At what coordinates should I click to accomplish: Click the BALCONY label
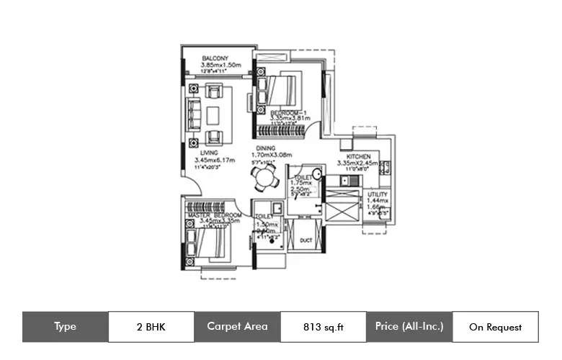tap(215, 58)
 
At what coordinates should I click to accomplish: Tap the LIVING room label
tap(210, 153)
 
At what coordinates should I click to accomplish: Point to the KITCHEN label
tap(358, 156)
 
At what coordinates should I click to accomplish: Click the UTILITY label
tap(377, 194)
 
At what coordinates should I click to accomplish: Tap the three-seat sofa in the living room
tap(192, 115)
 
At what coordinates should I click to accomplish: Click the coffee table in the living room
tap(214, 115)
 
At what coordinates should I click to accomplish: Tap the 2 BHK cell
tap(151, 327)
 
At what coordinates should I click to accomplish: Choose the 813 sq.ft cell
tap(323, 327)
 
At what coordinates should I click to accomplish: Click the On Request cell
tap(495, 327)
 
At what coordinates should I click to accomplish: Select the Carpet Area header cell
tap(237, 327)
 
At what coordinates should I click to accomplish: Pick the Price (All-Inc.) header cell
tap(409, 327)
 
